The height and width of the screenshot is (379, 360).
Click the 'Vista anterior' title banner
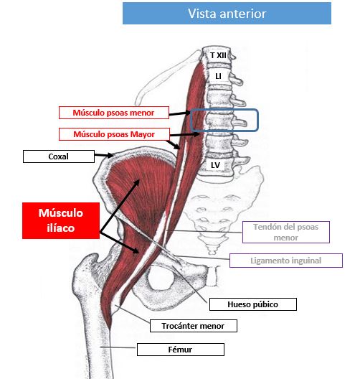coord(227,14)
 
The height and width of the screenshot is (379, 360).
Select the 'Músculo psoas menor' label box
coord(114,113)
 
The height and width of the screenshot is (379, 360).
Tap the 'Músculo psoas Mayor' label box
coord(114,134)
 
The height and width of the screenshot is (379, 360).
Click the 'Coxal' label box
coord(59,156)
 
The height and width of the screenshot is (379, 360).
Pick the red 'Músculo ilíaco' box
coord(61,220)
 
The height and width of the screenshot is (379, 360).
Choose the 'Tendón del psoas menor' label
coord(286,232)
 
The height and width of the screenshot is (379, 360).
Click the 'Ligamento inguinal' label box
coord(286,261)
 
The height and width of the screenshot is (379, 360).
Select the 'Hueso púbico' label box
coord(253,304)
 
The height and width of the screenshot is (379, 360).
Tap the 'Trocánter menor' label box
coord(194,326)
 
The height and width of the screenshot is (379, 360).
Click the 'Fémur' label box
coord(181,350)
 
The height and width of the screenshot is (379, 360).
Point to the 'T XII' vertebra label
coord(218,55)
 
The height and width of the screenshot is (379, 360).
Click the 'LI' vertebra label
coord(218,76)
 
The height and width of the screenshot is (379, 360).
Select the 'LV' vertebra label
coord(215,165)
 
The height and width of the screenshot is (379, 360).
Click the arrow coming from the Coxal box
coord(104,156)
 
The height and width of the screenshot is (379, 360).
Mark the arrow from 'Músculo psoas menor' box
coord(180,113)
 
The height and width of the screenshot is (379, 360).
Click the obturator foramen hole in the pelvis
coord(161,279)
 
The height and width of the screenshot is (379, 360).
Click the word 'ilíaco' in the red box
coord(61,228)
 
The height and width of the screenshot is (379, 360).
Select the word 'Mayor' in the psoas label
coord(143,134)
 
